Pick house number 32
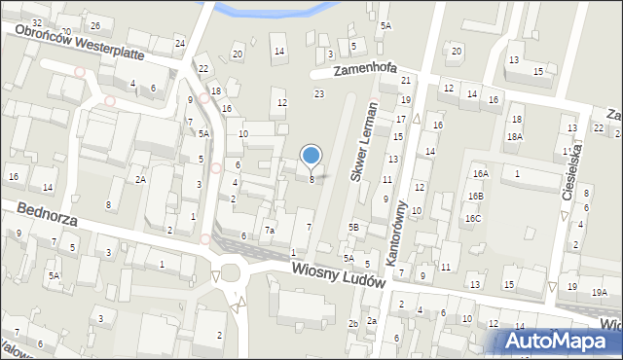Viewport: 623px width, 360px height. coord(37,22)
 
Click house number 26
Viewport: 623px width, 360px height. coord(94,25)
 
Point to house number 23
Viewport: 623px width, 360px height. coord(319,93)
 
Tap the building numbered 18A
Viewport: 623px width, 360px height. coord(514,137)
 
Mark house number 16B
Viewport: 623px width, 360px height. coord(475,196)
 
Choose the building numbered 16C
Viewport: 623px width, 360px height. coord(472,219)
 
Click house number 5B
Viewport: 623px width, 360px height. coord(354,227)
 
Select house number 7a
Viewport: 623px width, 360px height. coord(270,231)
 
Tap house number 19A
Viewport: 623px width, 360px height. coord(600,292)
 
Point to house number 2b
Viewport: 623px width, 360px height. coord(352,323)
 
